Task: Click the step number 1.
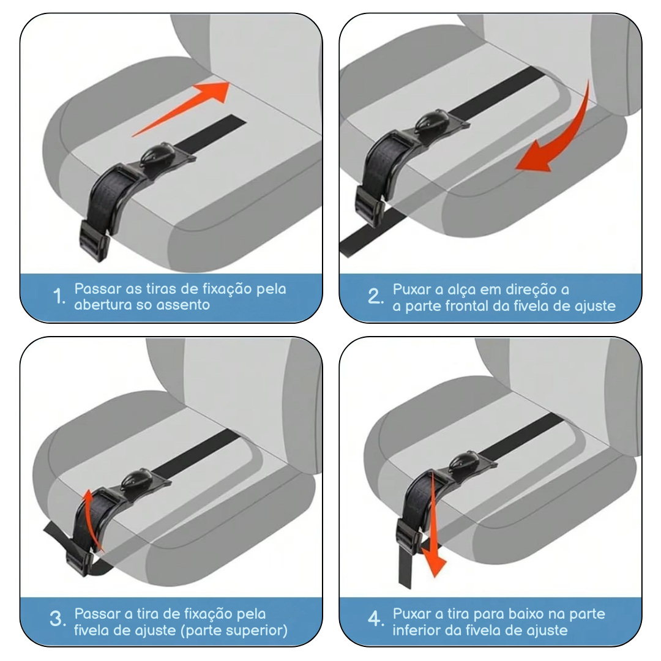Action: [x=59, y=296]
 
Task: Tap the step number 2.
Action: [x=375, y=296]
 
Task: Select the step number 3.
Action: [x=58, y=619]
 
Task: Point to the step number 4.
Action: [x=375, y=619]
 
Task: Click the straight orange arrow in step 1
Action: [x=181, y=109]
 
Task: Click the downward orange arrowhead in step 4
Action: [x=434, y=563]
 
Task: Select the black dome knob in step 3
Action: [x=136, y=480]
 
